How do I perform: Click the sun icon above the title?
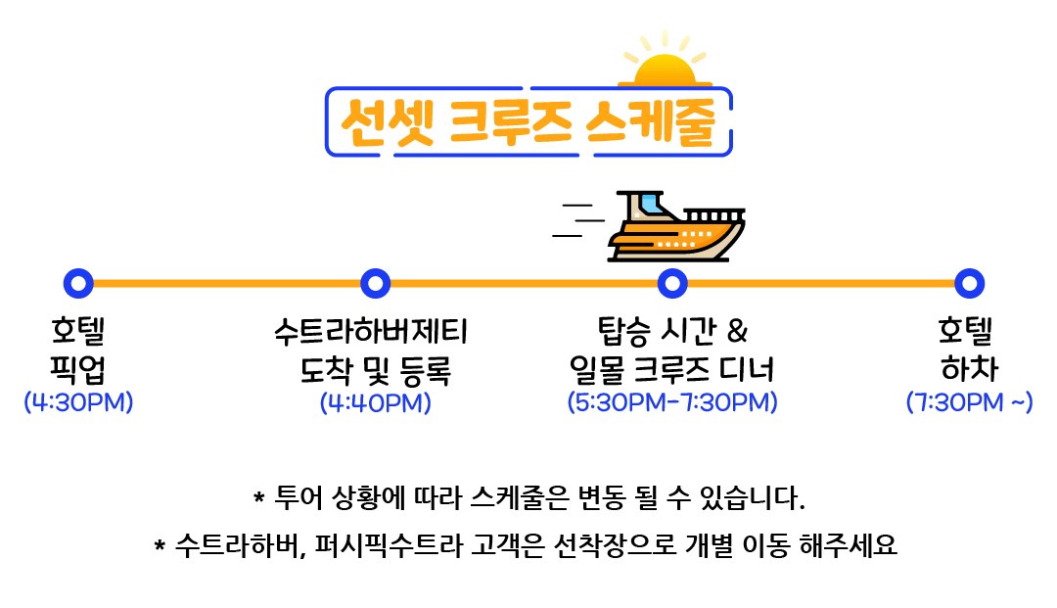(666, 65)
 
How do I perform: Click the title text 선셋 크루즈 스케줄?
(528, 122)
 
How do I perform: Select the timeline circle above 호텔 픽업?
(77, 284)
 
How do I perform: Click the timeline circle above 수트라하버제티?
(376, 284)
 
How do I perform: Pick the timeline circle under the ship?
(671, 284)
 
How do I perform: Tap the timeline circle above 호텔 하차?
(969, 284)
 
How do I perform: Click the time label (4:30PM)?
(78, 402)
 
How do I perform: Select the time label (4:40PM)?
(376, 402)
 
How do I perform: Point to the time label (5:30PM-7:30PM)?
(672, 402)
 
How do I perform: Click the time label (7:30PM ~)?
(969, 402)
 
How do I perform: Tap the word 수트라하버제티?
(372, 333)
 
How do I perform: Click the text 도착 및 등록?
(376, 370)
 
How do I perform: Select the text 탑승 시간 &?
(671, 333)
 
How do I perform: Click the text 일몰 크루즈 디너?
(671, 370)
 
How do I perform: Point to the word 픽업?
(77, 370)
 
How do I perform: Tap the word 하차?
(969, 370)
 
